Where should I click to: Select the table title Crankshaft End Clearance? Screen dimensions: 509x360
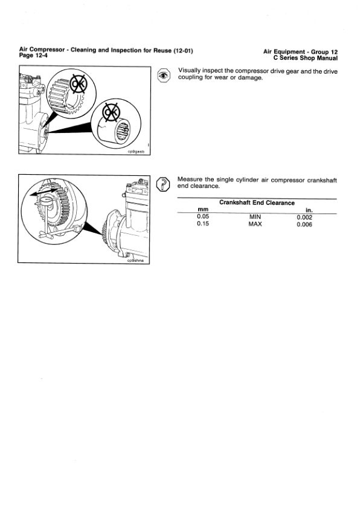256,203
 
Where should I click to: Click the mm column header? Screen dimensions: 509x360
203,210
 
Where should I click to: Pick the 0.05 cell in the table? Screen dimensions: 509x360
203,216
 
